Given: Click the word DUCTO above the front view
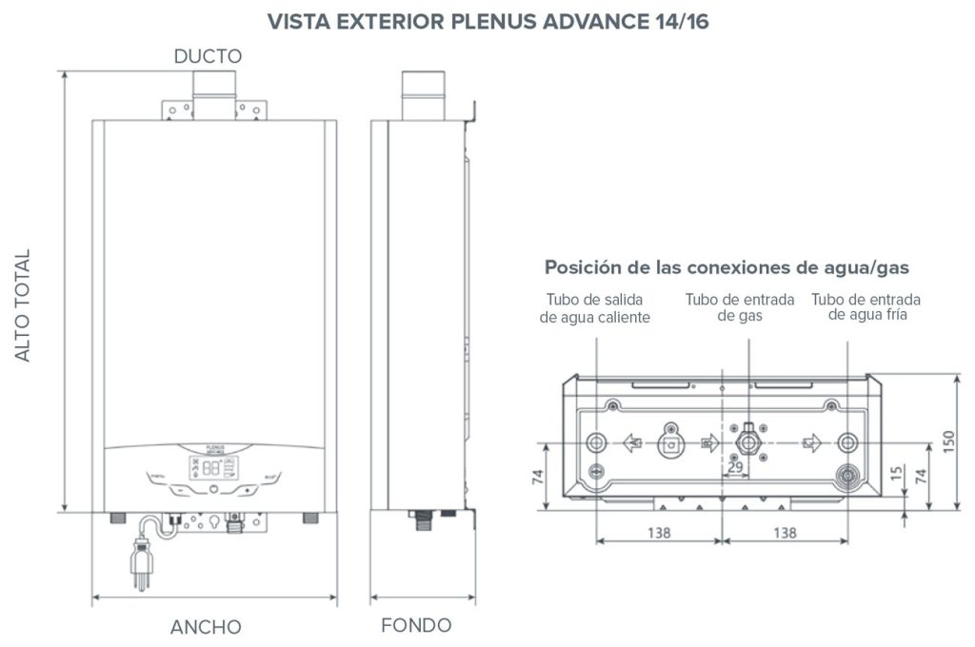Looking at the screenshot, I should (208, 57).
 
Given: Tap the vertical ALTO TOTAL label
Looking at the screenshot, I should (23, 305).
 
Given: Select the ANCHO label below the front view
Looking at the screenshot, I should (206, 627).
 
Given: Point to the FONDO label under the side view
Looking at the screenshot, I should (416, 625).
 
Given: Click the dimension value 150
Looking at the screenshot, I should (948, 441).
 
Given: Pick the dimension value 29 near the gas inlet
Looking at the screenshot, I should (735, 467).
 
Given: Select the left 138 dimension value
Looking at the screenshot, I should (657, 533).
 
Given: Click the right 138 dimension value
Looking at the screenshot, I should (784, 533).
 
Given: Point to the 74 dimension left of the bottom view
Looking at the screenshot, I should (537, 476).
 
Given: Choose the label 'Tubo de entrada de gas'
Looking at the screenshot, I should (740, 307).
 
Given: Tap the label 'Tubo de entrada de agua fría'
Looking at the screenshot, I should (866, 307).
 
